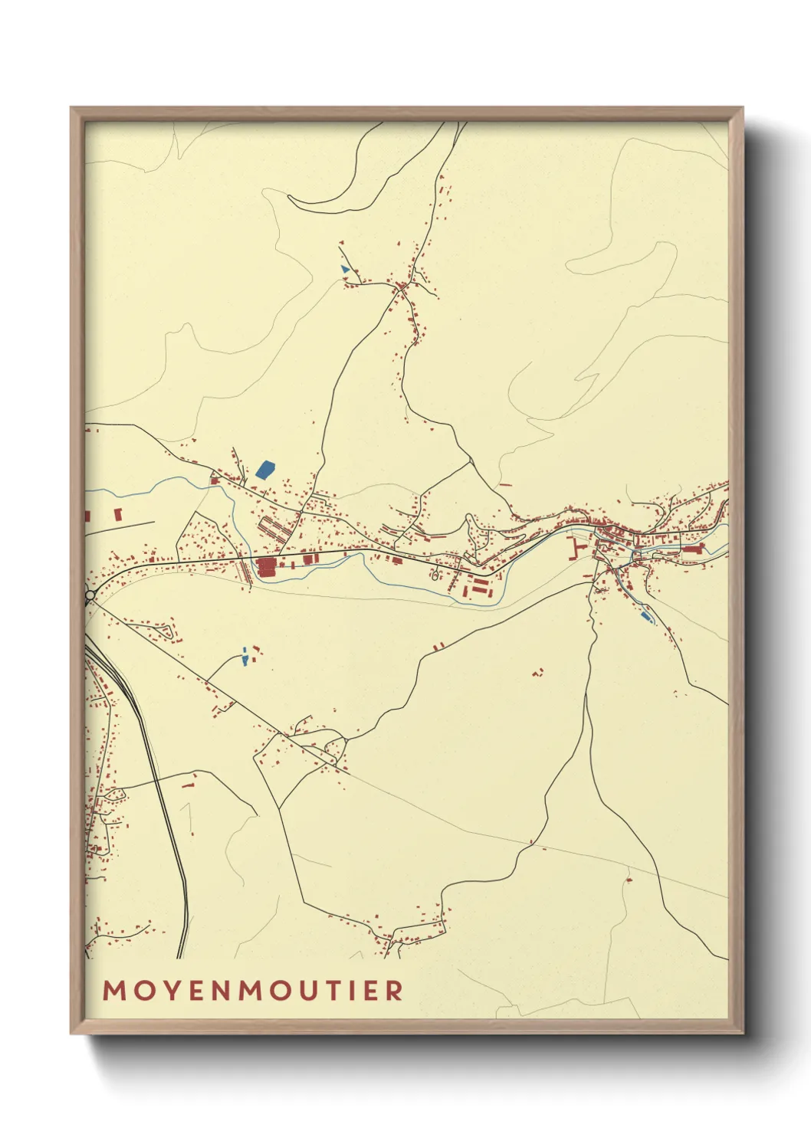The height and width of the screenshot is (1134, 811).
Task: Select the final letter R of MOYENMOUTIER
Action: tap(395, 990)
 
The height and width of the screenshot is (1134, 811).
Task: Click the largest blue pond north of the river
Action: tap(265, 469)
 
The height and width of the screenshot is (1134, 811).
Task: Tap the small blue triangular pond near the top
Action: tap(345, 269)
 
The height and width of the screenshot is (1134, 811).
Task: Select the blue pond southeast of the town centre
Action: tap(645, 615)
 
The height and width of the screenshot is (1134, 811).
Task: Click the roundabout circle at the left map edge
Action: tap(90, 595)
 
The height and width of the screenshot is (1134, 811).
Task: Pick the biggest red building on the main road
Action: tap(267, 567)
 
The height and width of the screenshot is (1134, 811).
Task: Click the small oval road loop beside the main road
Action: tap(435, 575)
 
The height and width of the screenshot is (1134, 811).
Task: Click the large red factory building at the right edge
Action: tap(694, 549)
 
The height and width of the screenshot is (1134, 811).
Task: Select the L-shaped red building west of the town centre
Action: tap(573, 548)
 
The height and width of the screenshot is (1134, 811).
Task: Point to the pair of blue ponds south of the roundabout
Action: tap(245, 657)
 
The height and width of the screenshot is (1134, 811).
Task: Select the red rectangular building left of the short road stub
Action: tap(118, 513)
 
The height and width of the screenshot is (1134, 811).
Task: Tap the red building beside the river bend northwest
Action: tap(215, 481)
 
